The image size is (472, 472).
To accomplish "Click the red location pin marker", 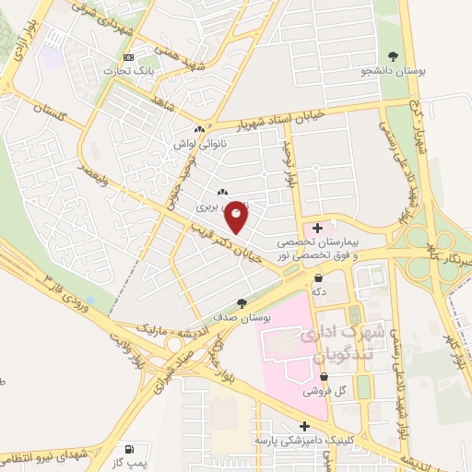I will [237, 217].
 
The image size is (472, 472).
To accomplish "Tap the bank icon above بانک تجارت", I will [129, 56].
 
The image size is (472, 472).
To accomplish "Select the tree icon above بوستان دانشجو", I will [393, 54].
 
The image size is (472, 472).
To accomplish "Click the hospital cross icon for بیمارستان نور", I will [318, 227].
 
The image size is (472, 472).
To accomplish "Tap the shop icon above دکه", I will [319, 277].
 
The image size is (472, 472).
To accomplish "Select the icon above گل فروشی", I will [324, 376].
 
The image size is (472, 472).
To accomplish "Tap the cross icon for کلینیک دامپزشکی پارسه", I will [305, 426].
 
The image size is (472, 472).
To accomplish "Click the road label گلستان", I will [52, 108].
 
